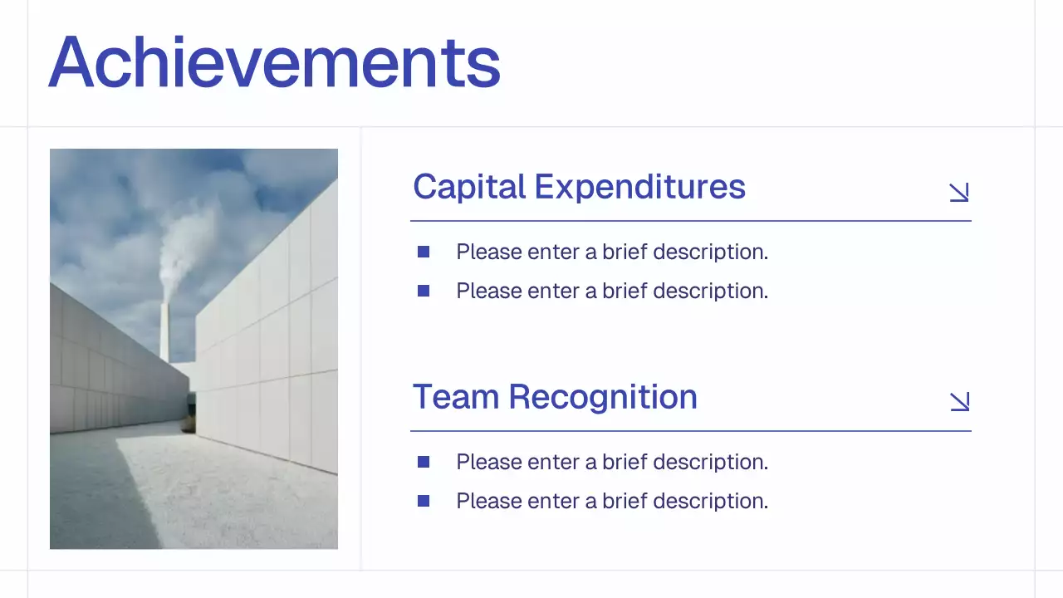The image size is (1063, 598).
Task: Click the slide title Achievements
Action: click(x=274, y=62)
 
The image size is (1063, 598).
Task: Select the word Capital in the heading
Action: click(x=469, y=187)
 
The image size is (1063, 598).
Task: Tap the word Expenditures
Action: click(x=640, y=187)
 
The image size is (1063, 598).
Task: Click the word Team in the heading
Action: click(x=456, y=397)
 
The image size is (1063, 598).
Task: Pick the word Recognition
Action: click(x=603, y=397)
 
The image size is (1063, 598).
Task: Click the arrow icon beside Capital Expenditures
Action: click(x=959, y=192)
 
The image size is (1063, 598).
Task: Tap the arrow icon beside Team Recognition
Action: click(x=959, y=402)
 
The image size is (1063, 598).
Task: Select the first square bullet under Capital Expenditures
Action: click(x=424, y=252)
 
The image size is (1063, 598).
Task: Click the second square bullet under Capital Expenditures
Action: click(x=424, y=291)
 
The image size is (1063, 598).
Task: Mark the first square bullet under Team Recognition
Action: click(x=424, y=462)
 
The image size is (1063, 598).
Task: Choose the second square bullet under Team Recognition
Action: click(x=424, y=501)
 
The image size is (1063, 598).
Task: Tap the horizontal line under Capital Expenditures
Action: click(x=690, y=221)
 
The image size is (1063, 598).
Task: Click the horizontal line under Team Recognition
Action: click(x=690, y=431)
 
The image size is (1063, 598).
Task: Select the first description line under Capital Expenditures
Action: click(x=612, y=252)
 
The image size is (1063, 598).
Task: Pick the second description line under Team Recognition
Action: click(x=612, y=501)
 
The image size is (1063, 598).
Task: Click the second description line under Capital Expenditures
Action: click(x=612, y=291)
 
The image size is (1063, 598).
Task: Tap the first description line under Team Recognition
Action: click(x=612, y=462)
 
